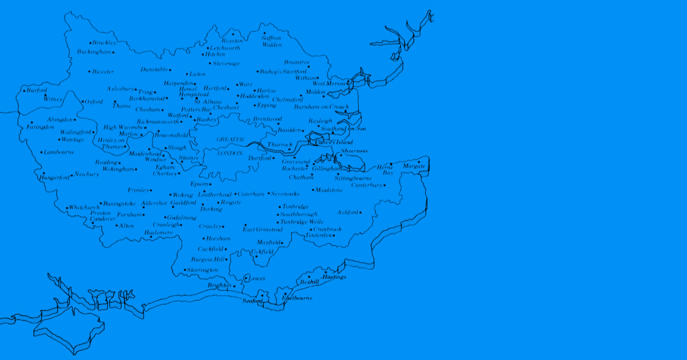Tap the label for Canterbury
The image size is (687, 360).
(x=367, y=186)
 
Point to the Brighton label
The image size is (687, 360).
(x=220, y=285)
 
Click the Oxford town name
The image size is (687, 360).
(x=94, y=102)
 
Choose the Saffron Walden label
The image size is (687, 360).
(x=271, y=41)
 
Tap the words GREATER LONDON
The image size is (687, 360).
(x=230, y=146)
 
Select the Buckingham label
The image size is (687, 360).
(x=94, y=52)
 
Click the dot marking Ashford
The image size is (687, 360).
(x=361, y=213)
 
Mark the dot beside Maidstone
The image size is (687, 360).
(x=312, y=190)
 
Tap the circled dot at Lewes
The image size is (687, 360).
(x=247, y=277)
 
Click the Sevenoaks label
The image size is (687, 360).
(x=286, y=194)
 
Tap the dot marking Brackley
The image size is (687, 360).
(x=90, y=43)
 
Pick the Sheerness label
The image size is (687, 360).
(x=354, y=152)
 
